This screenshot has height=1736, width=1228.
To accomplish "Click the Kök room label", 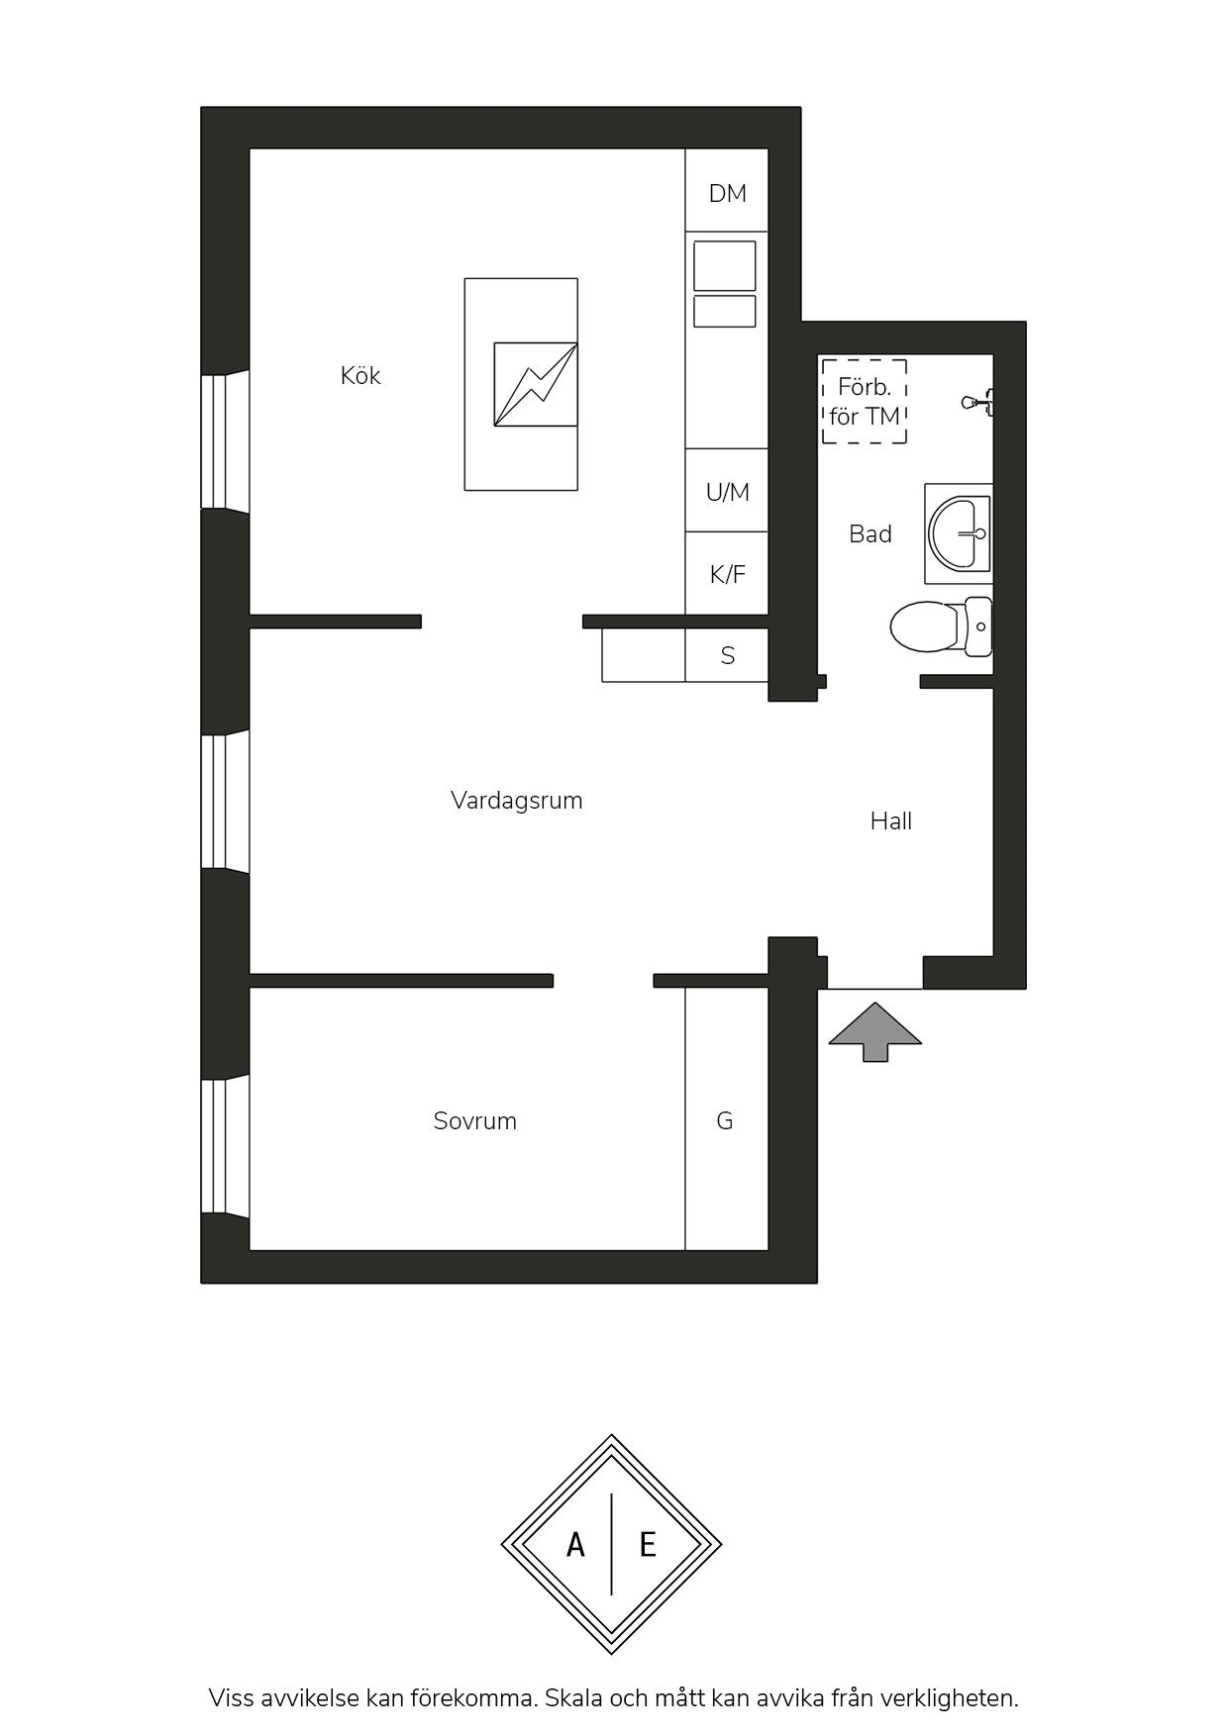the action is point(360,376).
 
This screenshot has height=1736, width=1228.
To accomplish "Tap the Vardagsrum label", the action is point(516,801).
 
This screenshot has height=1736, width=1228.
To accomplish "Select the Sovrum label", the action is point(475,1121).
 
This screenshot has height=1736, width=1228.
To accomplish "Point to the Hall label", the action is point(891,821).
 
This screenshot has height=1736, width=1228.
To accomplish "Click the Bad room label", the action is point(870,534).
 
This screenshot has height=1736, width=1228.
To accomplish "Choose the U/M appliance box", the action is point(727,491).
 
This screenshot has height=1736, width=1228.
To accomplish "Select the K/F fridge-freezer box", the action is point(727,573).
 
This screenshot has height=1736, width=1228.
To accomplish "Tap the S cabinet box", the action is point(727,655).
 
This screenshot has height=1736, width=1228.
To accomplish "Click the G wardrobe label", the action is point(725,1121).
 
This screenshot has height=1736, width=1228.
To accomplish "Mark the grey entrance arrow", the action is point(875,1031).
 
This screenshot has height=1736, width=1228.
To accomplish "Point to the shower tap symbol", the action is point(978,402).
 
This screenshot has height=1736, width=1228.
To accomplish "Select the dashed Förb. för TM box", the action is point(865,401).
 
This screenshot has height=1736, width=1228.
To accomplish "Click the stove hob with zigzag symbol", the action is point(536,384).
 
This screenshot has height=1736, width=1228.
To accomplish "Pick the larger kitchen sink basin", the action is point(725,265).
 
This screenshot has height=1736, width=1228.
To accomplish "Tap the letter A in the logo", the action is point(575,1544).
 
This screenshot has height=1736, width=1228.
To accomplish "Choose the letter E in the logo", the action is point(648,1544).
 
